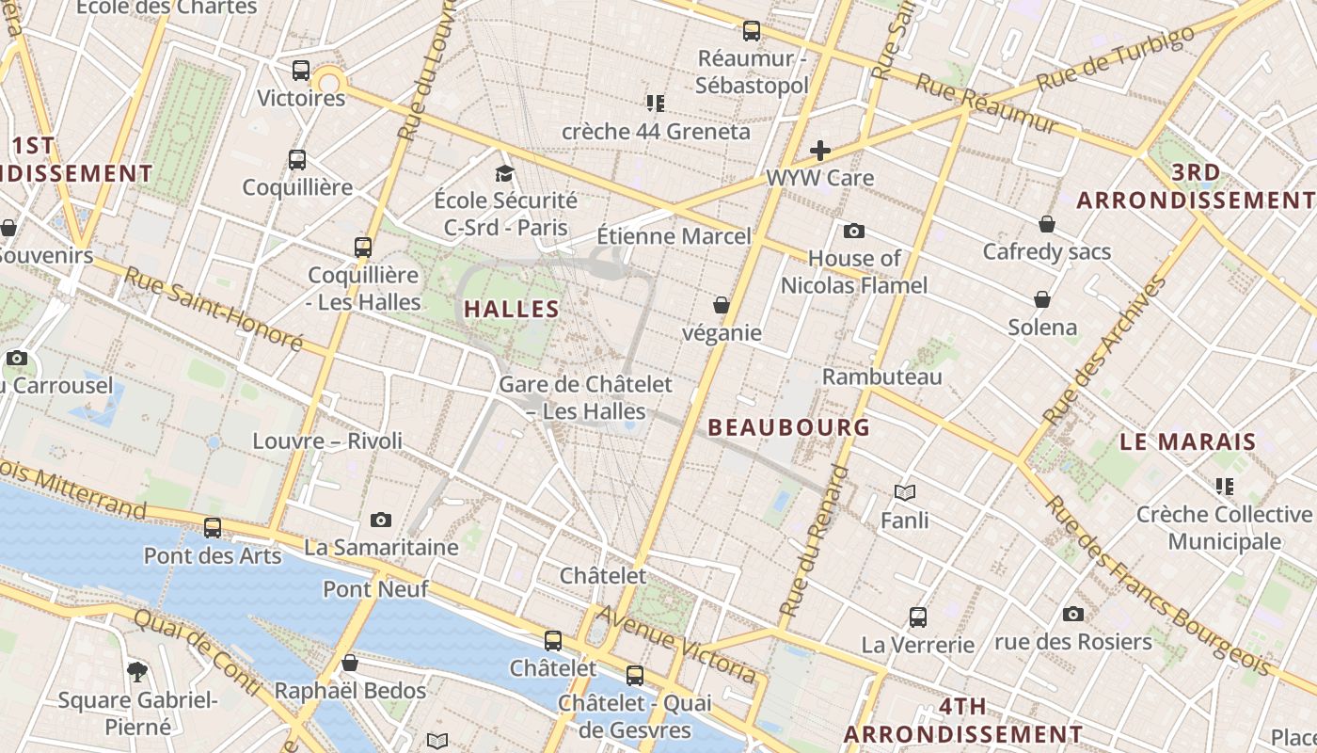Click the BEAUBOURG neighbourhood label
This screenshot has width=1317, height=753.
pos(788,427)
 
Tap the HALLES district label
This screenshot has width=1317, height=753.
pos(512,309)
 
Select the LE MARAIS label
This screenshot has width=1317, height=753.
pos(1188,441)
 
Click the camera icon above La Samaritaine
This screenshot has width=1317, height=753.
pos(381,520)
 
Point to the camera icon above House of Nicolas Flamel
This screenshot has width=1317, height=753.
pos(854,231)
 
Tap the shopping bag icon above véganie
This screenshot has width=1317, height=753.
pos(722,305)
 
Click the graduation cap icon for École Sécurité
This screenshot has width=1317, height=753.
pos(505,173)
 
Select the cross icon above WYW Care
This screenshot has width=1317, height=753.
pos(820,151)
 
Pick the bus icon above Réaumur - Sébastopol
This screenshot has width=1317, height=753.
pos(751,31)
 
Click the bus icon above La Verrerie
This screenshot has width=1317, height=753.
pos(918,617)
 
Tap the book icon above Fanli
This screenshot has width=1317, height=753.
pos(905,492)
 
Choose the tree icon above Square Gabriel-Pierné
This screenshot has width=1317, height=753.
pos(137,671)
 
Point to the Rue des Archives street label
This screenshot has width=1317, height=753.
pos(1104,350)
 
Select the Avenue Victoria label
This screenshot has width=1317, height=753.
pos(676,645)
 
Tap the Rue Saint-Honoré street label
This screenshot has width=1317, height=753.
pos(214,308)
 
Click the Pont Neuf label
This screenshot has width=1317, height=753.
pos(375,589)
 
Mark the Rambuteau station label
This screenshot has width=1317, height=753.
pos(881,377)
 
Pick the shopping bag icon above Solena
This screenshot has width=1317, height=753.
pos(1042,300)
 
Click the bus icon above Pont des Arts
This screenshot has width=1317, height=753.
pos(213,528)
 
